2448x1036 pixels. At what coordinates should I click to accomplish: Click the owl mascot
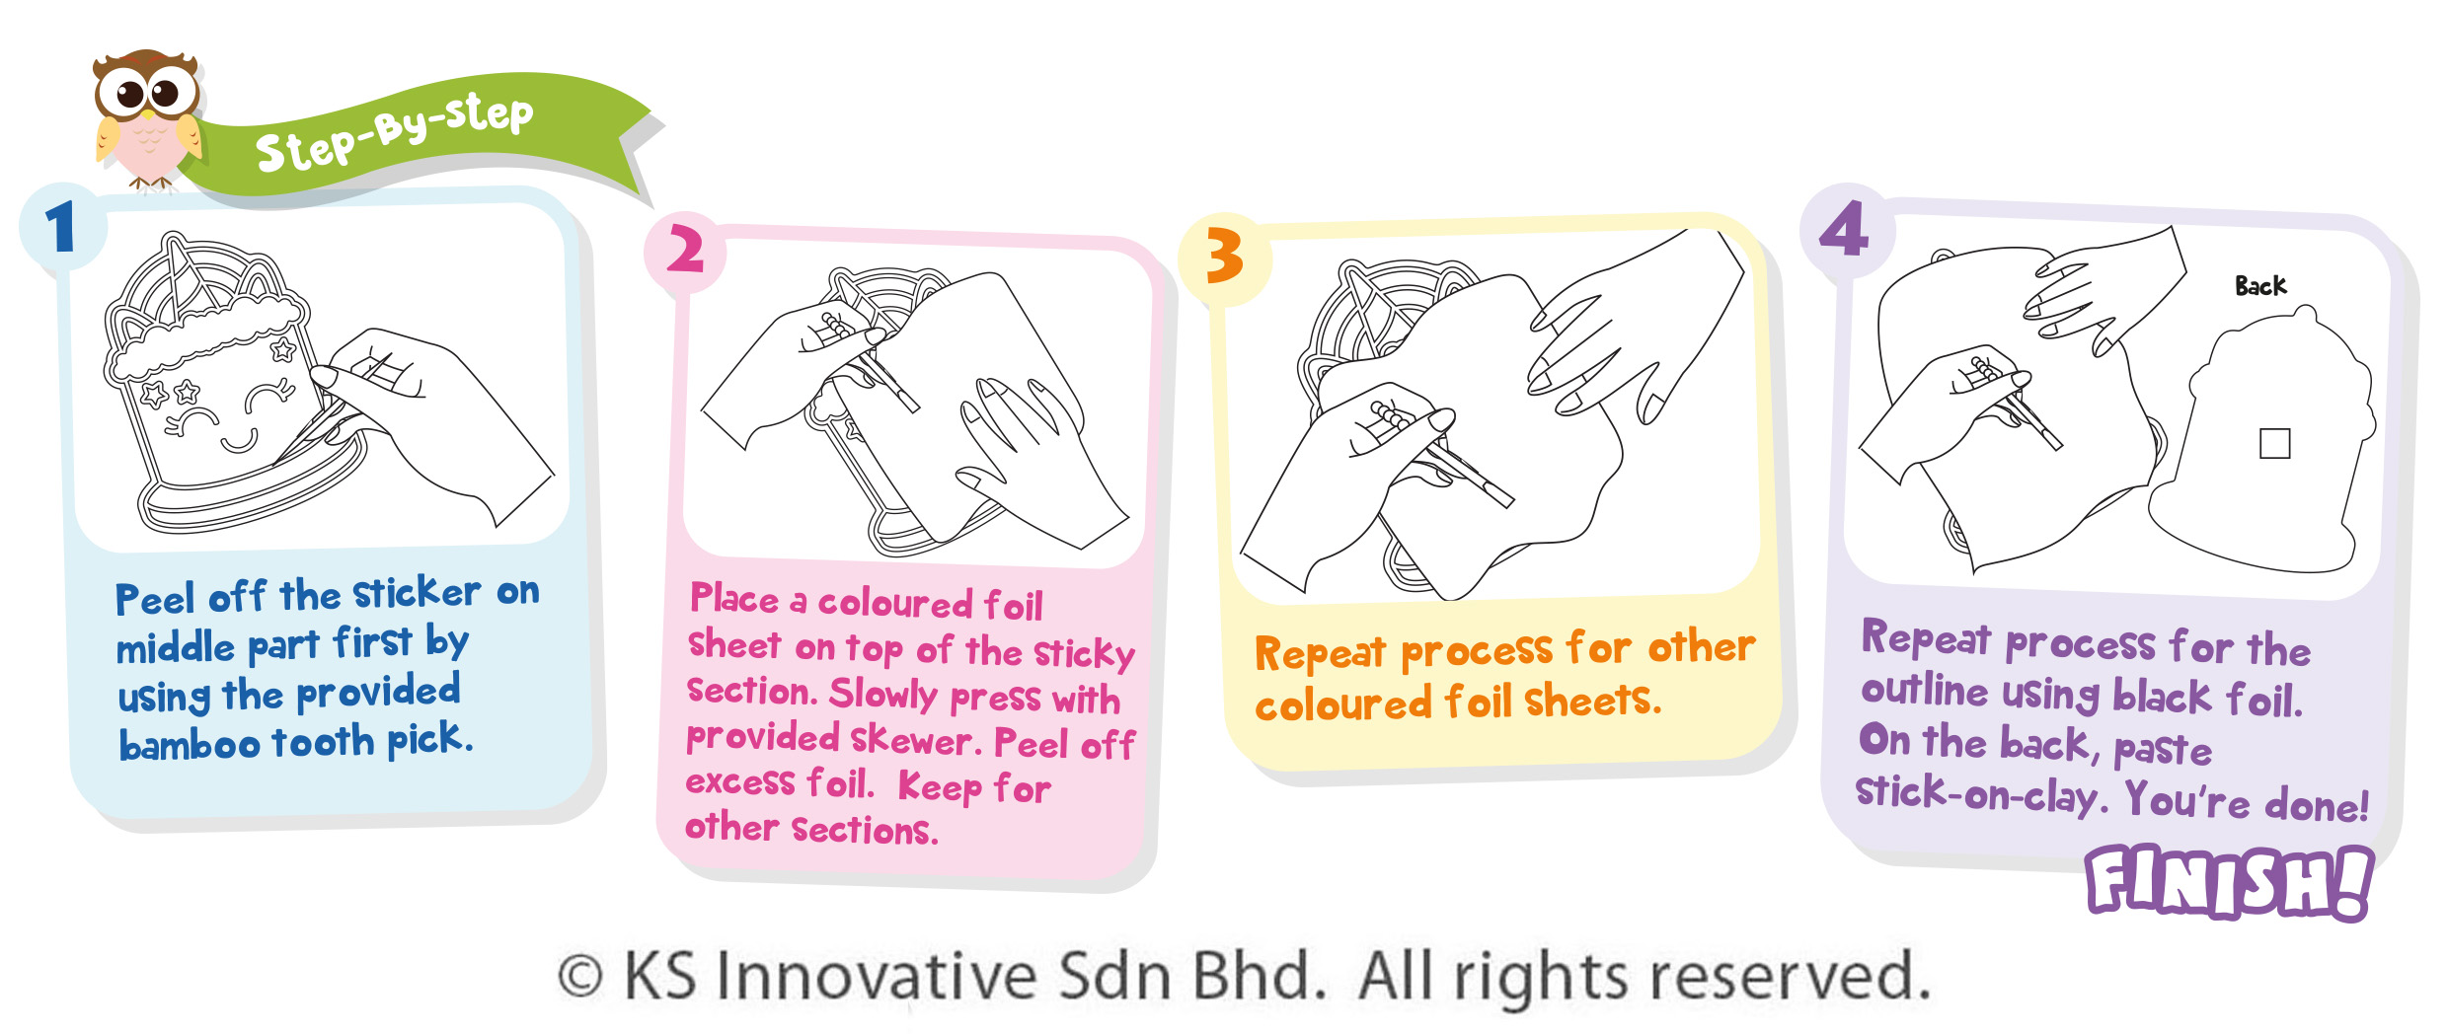coord(147,118)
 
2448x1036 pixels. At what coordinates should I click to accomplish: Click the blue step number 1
coord(60,226)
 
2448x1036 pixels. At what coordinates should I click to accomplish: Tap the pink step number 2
coord(685,249)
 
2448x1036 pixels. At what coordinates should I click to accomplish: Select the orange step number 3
coord(1224,256)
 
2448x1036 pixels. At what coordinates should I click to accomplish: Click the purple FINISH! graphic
coord(2229,882)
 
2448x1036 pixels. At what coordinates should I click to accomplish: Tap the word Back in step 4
coord(2260,286)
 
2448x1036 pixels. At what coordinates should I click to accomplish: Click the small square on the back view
coord(2274,444)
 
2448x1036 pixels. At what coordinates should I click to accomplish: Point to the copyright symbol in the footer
coord(580,977)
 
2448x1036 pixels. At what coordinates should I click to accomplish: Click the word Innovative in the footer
coord(877,976)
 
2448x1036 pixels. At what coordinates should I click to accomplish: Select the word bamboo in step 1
coord(190,744)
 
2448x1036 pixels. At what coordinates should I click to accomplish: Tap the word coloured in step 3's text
coord(1342,704)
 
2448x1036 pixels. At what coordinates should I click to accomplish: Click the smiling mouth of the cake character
coord(238,441)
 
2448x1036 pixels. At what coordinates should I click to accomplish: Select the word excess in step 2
coord(740,782)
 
